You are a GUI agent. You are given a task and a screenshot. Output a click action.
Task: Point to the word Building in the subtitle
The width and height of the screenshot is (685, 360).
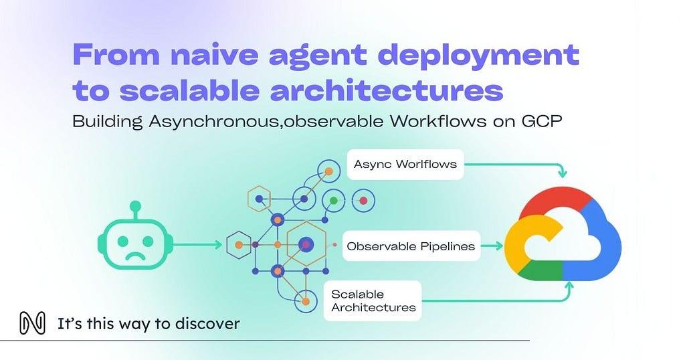coord(102,124)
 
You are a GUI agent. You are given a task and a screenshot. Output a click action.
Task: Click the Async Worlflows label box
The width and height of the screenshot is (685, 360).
coord(405,164)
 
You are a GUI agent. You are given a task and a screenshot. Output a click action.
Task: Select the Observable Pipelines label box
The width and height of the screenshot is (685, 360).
coord(411,246)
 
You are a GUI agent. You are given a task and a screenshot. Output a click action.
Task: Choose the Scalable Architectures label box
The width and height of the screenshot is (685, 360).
coord(373,300)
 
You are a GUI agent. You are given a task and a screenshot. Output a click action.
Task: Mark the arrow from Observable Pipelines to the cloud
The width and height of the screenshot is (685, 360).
coord(492,246)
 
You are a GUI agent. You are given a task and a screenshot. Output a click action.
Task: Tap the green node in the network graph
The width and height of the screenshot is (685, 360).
coord(333,200)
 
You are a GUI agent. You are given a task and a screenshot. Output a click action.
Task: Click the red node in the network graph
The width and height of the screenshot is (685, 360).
coord(363,200)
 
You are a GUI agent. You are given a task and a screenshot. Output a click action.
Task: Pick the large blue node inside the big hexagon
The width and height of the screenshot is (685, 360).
coord(306,246)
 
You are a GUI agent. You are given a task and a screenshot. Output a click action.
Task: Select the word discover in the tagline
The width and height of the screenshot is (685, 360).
coord(210,325)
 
